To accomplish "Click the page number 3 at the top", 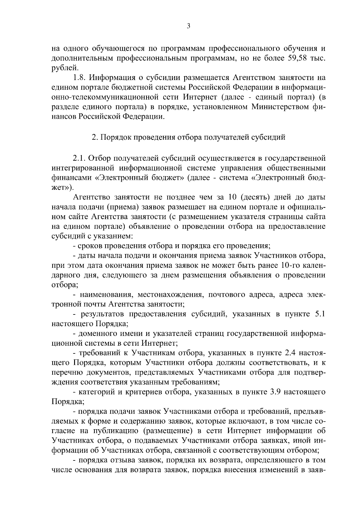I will coord(188,26).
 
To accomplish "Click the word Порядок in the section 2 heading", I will coord(116,138).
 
